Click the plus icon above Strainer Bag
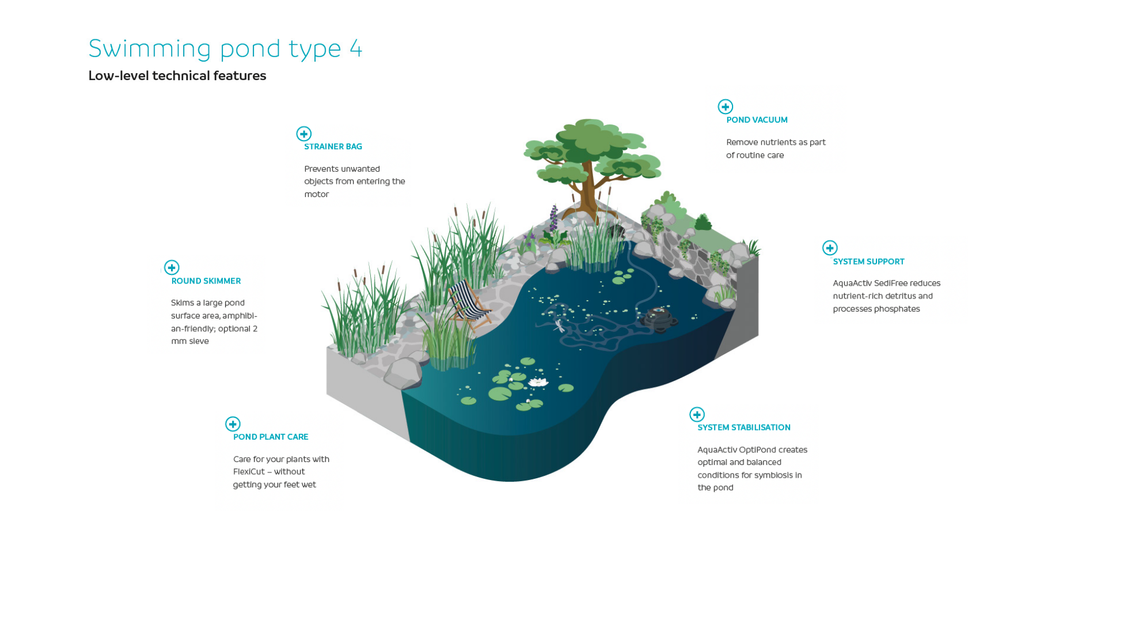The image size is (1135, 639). tap(303, 134)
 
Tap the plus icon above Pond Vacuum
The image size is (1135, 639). tap(725, 107)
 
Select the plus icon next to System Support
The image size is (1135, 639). tap(829, 248)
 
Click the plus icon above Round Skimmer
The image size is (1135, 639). tap(172, 267)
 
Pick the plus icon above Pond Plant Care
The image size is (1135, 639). tap(233, 424)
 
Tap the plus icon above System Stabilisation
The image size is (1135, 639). tap(697, 414)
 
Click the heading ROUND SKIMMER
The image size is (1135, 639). tap(206, 281)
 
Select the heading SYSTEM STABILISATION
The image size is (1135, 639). tap(744, 428)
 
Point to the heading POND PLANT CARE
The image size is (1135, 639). tap(271, 437)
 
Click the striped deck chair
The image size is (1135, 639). tap(469, 304)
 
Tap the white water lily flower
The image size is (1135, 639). tap(538, 381)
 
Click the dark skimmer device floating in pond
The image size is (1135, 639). tap(658, 319)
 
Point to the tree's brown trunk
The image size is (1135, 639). tap(588, 190)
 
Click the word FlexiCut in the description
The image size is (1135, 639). tap(249, 472)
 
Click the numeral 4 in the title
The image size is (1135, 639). tap(356, 49)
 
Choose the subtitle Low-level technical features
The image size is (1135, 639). tap(177, 76)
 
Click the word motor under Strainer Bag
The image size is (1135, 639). tap(317, 195)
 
